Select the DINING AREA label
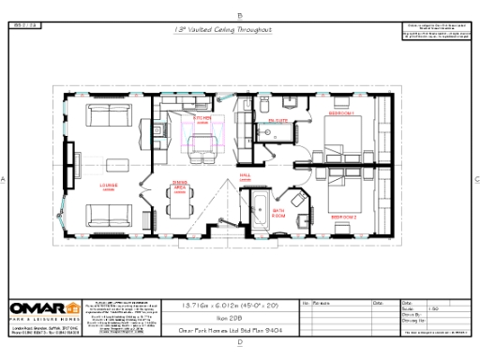click(179, 184)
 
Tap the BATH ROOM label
click(279, 212)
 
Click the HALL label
click(246, 174)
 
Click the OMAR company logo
click(43, 308)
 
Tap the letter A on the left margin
click(4, 178)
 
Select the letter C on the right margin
click(476, 178)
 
